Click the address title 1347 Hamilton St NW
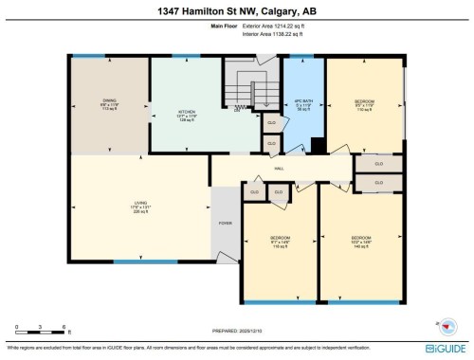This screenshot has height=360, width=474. coord(236,11)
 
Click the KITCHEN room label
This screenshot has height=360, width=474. coord(188,115)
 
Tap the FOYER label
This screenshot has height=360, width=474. coord(226,225)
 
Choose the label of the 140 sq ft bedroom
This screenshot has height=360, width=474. coord(361,240)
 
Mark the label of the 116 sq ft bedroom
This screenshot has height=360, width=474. coord(280,240)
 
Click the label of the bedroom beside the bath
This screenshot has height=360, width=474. coord(365,104)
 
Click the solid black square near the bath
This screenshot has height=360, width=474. coord(319,145)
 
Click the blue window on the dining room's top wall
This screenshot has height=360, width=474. coord(91,56)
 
